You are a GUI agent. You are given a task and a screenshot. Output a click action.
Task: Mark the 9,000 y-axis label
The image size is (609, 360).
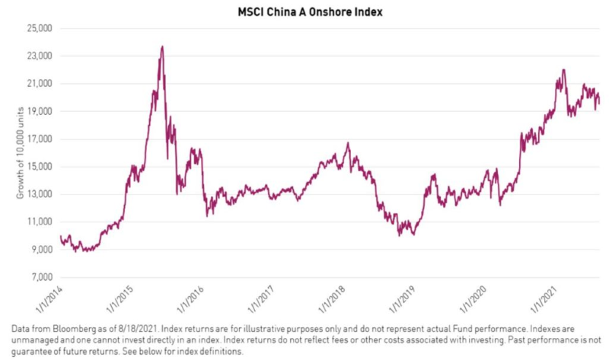(x=40, y=250)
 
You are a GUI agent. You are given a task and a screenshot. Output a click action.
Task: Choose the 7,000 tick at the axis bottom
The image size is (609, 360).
(x=40, y=277)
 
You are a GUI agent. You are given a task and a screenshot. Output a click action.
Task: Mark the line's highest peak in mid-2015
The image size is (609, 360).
(x=162, y=46)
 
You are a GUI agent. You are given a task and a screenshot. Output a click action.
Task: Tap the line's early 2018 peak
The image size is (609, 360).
(x=348, y=143)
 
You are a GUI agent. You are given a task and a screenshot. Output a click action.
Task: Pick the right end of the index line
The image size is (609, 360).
(x=599, y=104)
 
